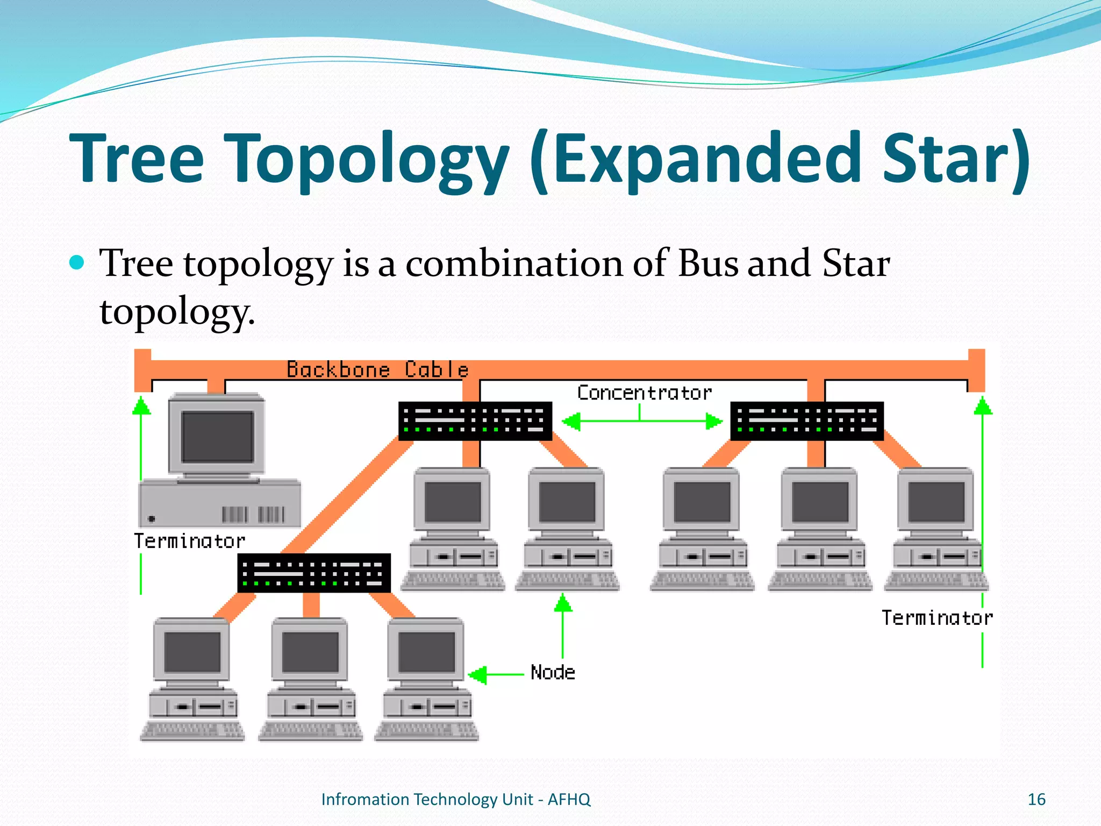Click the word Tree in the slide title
pos(137,159)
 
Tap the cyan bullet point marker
pos(77,262)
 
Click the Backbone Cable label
pos(377,370)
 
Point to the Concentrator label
pos(644,393)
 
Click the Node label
pos(553,673)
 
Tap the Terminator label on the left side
pos(189,541)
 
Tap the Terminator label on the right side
pos(936,618)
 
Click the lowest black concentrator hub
pos(314,573)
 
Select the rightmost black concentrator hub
pos(806,421)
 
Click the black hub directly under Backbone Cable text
pos(475,421)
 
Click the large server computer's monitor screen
pos(217,437)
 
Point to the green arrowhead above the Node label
pos(563,603)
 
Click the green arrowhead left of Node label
pos(478,674)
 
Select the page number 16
pos(1036,800)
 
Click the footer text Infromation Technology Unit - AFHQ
pos(455,800)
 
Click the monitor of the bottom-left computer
pos(192,652)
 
